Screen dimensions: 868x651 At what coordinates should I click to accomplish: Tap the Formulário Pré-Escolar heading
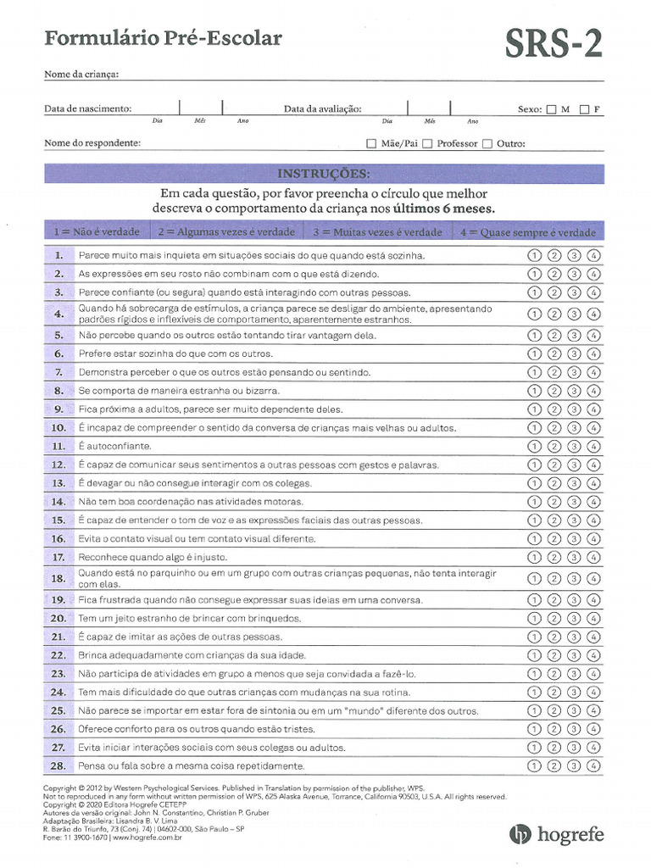tap(163, 38)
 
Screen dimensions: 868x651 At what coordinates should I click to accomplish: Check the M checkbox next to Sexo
tap(552, 109)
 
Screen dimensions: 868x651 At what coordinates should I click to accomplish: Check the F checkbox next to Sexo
tap(585, 109)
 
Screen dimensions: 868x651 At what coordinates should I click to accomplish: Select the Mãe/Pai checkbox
tap(371, 144)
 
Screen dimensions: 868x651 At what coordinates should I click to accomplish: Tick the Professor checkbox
tap(428, 144)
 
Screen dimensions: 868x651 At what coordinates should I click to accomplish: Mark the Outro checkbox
tap(487, 144)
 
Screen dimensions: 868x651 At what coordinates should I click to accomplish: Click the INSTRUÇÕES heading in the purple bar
tap(324, 174)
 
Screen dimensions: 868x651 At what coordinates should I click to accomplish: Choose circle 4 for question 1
tap(593, 255)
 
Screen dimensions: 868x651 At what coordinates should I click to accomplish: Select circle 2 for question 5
tap(554, 336)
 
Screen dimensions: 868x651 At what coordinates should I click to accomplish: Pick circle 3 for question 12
tap(574, 465)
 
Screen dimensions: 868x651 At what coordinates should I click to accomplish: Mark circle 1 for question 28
tap(535, 765)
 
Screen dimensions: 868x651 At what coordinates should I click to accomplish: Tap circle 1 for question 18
tap(535, 579)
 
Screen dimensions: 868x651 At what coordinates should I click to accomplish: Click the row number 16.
tap(58, 539)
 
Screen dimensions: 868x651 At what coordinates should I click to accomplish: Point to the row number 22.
tap(58, 655)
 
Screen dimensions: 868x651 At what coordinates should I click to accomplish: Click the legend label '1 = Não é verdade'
tap(96, 231)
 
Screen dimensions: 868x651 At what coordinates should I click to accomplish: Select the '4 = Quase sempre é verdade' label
tap(528, 232)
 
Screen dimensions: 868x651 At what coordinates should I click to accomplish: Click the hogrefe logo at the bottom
tap(557, 834)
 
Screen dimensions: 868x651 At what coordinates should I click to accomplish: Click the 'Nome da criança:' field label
tap(81, 75)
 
